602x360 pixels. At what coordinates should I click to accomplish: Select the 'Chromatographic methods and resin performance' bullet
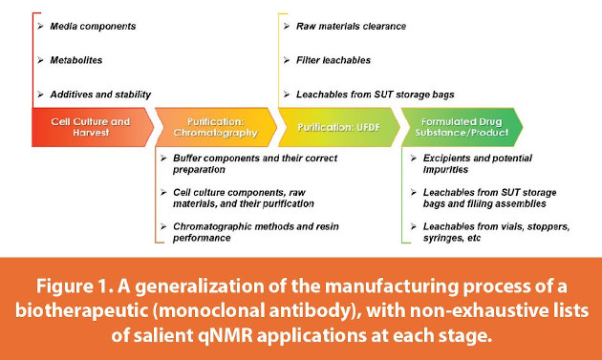pyautogui.click(x=253, y=230)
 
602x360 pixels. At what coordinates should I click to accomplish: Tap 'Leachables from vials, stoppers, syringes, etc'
pyautogui.click(x=492, y=230)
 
